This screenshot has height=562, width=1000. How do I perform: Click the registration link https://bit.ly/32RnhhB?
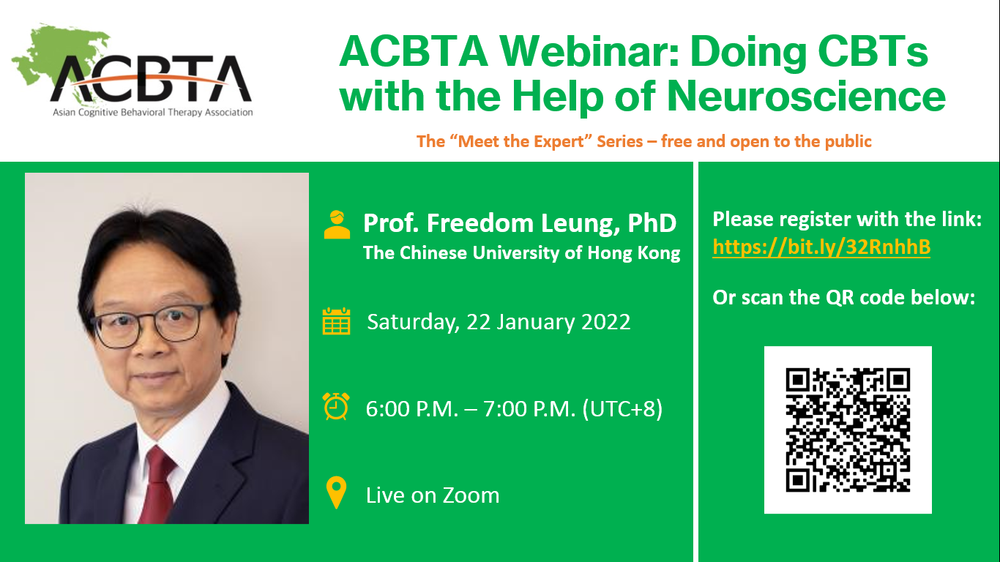(x=821, y=247)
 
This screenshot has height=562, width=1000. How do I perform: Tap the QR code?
(x=848, y=430)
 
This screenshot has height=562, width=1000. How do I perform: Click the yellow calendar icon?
(x=336, y=321)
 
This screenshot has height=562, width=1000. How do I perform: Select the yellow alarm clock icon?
(x=336, y=406)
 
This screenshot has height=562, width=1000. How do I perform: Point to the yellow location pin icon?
(x=336, y=492)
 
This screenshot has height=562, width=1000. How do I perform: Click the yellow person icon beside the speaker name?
(x=337, y=225)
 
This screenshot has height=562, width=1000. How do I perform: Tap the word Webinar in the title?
(x=589, y=51)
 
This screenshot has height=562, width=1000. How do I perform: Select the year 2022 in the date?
(x=606, y=322)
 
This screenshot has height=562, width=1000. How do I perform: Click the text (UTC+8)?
(x=622, y=409)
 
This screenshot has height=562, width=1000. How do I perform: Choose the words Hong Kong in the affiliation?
(x=634, y=253)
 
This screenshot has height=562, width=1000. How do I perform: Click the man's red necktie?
(x=157, y=487)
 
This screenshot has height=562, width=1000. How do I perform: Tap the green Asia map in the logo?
(x=58, y=58)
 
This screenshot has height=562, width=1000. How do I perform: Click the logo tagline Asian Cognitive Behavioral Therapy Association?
(x=153, y=112)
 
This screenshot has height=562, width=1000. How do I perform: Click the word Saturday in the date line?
(x=413, y=322)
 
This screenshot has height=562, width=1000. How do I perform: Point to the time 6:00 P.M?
(x=412, y=409)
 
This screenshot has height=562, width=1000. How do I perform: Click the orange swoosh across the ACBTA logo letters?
(x=149, y=80)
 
